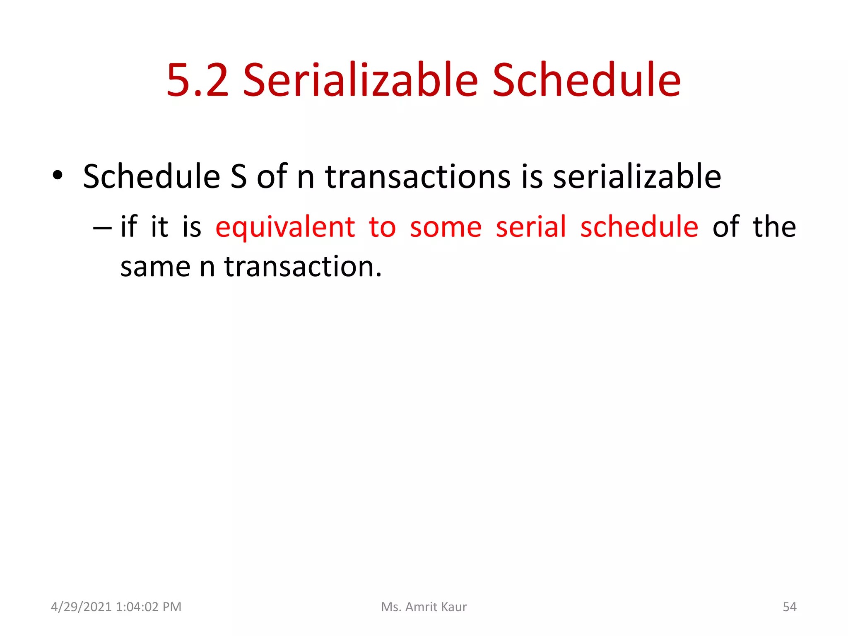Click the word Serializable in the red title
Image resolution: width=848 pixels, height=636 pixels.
point(360,80)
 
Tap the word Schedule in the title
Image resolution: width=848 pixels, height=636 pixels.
point(586,80)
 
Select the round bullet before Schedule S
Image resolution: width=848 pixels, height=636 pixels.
point(58,176)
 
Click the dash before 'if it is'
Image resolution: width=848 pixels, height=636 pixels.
point(102,228)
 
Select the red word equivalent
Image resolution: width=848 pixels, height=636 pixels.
point(285,228)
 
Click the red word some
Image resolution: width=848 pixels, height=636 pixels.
point(446,228)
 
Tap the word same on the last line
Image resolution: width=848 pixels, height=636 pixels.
point(155,267)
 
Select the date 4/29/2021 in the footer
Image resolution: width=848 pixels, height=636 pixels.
point(81,607)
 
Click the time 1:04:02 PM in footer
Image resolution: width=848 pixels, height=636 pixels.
point(149,607)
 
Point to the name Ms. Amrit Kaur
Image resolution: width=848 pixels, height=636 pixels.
point(424,607)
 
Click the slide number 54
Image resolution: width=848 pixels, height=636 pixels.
point(789,607)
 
